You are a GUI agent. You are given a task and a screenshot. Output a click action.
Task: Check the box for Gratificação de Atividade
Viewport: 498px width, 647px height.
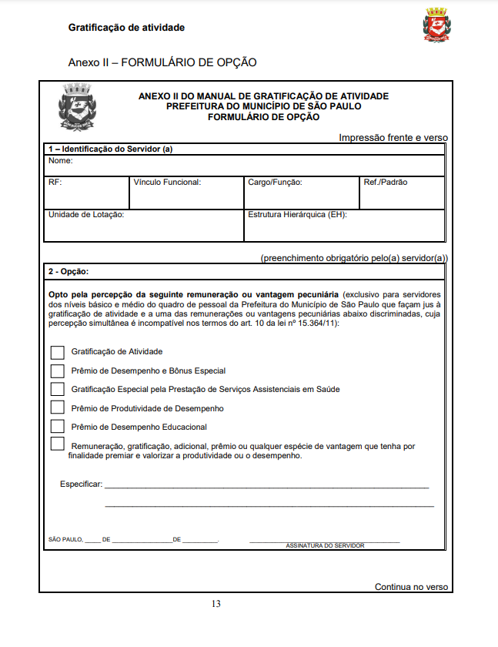click(58, 352)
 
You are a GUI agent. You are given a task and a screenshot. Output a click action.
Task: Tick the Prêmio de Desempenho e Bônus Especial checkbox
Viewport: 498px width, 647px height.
click(58, 370)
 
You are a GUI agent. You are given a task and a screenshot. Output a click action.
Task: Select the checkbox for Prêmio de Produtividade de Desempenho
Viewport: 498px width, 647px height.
click(58, 407)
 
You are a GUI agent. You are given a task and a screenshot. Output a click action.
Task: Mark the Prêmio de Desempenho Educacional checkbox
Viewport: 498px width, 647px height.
click(58, 426)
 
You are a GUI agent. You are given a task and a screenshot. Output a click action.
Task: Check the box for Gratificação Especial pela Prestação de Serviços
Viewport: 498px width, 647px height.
click(58, 389)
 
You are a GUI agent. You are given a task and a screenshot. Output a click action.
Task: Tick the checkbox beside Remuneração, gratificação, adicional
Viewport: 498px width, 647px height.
click(58, 444)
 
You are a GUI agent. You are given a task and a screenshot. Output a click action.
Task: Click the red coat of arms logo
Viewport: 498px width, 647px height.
click(435, 25)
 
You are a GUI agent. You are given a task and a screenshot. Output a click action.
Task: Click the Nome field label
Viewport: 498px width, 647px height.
click(61, 161)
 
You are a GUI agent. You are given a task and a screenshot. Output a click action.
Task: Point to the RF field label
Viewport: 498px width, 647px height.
click(55, 183)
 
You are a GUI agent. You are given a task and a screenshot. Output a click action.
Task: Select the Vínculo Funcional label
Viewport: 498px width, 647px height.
click(167, 183)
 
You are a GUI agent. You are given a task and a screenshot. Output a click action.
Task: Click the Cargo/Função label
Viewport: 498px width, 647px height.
click(275, 183)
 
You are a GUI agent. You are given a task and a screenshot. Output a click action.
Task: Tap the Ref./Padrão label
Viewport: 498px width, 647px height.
click(386, 183)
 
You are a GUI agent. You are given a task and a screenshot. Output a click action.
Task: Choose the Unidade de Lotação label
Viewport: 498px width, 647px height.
click(86, 215)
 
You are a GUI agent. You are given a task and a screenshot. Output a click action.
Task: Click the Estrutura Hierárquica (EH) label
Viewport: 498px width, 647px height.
click(297, 215)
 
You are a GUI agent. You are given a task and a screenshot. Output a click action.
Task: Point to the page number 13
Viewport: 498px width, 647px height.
click(216, 604)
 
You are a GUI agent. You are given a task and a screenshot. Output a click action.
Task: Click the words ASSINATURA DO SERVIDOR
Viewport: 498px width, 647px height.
click(325, 545)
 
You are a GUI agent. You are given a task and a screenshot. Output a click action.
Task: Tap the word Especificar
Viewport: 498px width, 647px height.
click(81, 484)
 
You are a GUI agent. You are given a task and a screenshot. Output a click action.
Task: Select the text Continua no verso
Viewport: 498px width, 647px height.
click(411, 587)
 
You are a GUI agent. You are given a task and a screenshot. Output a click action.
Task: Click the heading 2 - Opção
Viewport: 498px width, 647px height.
click(69, 272)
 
